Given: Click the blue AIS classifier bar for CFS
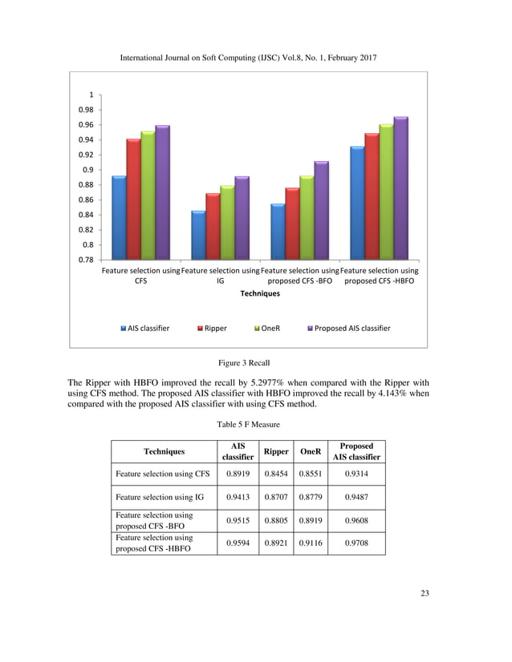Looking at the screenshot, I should pyautogui.click(x=118, y=218).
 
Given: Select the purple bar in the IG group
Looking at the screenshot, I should pyautogui.click(x=241, y=218).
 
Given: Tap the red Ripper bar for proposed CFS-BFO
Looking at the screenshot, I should pyautogui.click(x=292, y=224).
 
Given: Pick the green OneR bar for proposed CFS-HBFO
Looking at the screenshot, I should pyautogui.click(x=386, y=192).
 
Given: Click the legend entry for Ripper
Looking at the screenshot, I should pyautogui.click(x=212, y=328).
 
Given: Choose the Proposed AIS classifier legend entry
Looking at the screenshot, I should pyautogui.click(x=349, y=328).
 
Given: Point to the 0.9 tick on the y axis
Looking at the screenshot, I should pyautogui.click(x=86, y=170).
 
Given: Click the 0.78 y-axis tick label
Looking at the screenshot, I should pyautogui.click(x=84, y=260).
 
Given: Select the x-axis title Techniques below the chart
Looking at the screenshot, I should pyautogui.click(x=260, y=293).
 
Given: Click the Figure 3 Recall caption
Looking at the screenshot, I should pyautogui.click(x=256, y=363).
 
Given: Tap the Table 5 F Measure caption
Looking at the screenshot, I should pyautogui.click(x=256, y=423).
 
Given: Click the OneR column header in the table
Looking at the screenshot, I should pyautogui.click(x=310, y=451).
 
